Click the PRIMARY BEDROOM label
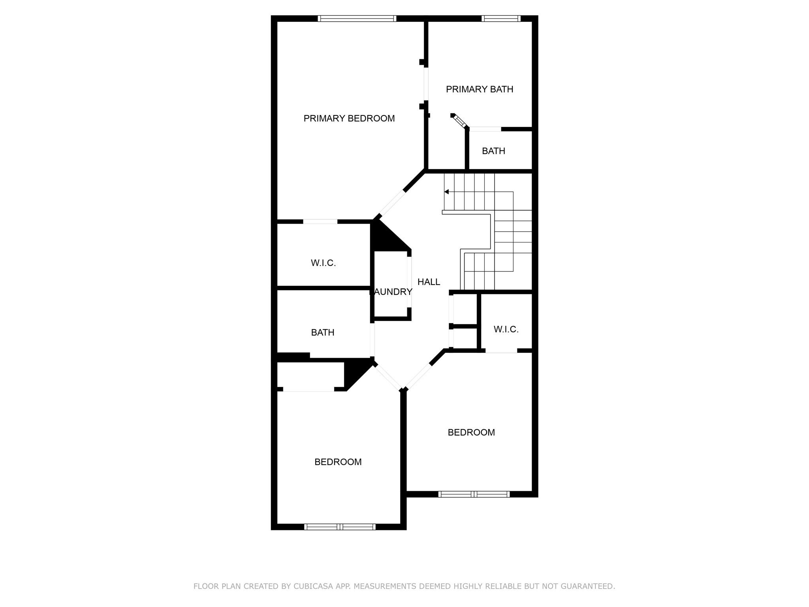click(349, 119)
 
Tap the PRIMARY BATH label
click(479, 89)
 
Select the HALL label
click(429, 282)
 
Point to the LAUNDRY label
click(391, 292)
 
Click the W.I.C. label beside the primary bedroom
click(323, 263)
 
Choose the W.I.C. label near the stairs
click(506, 329)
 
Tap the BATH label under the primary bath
click(493, 151)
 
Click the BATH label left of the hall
click(322, 333)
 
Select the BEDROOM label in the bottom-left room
click(338, 462)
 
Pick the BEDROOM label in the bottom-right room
click(471, 432)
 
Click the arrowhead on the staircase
click(446, 192)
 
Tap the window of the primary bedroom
click(357, 19)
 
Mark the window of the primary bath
click(500, 19)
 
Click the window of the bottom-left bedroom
click(339, 526)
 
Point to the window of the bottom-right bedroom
click(474, 494)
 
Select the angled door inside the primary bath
click(459, 121)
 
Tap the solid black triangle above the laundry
click(385, 238)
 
